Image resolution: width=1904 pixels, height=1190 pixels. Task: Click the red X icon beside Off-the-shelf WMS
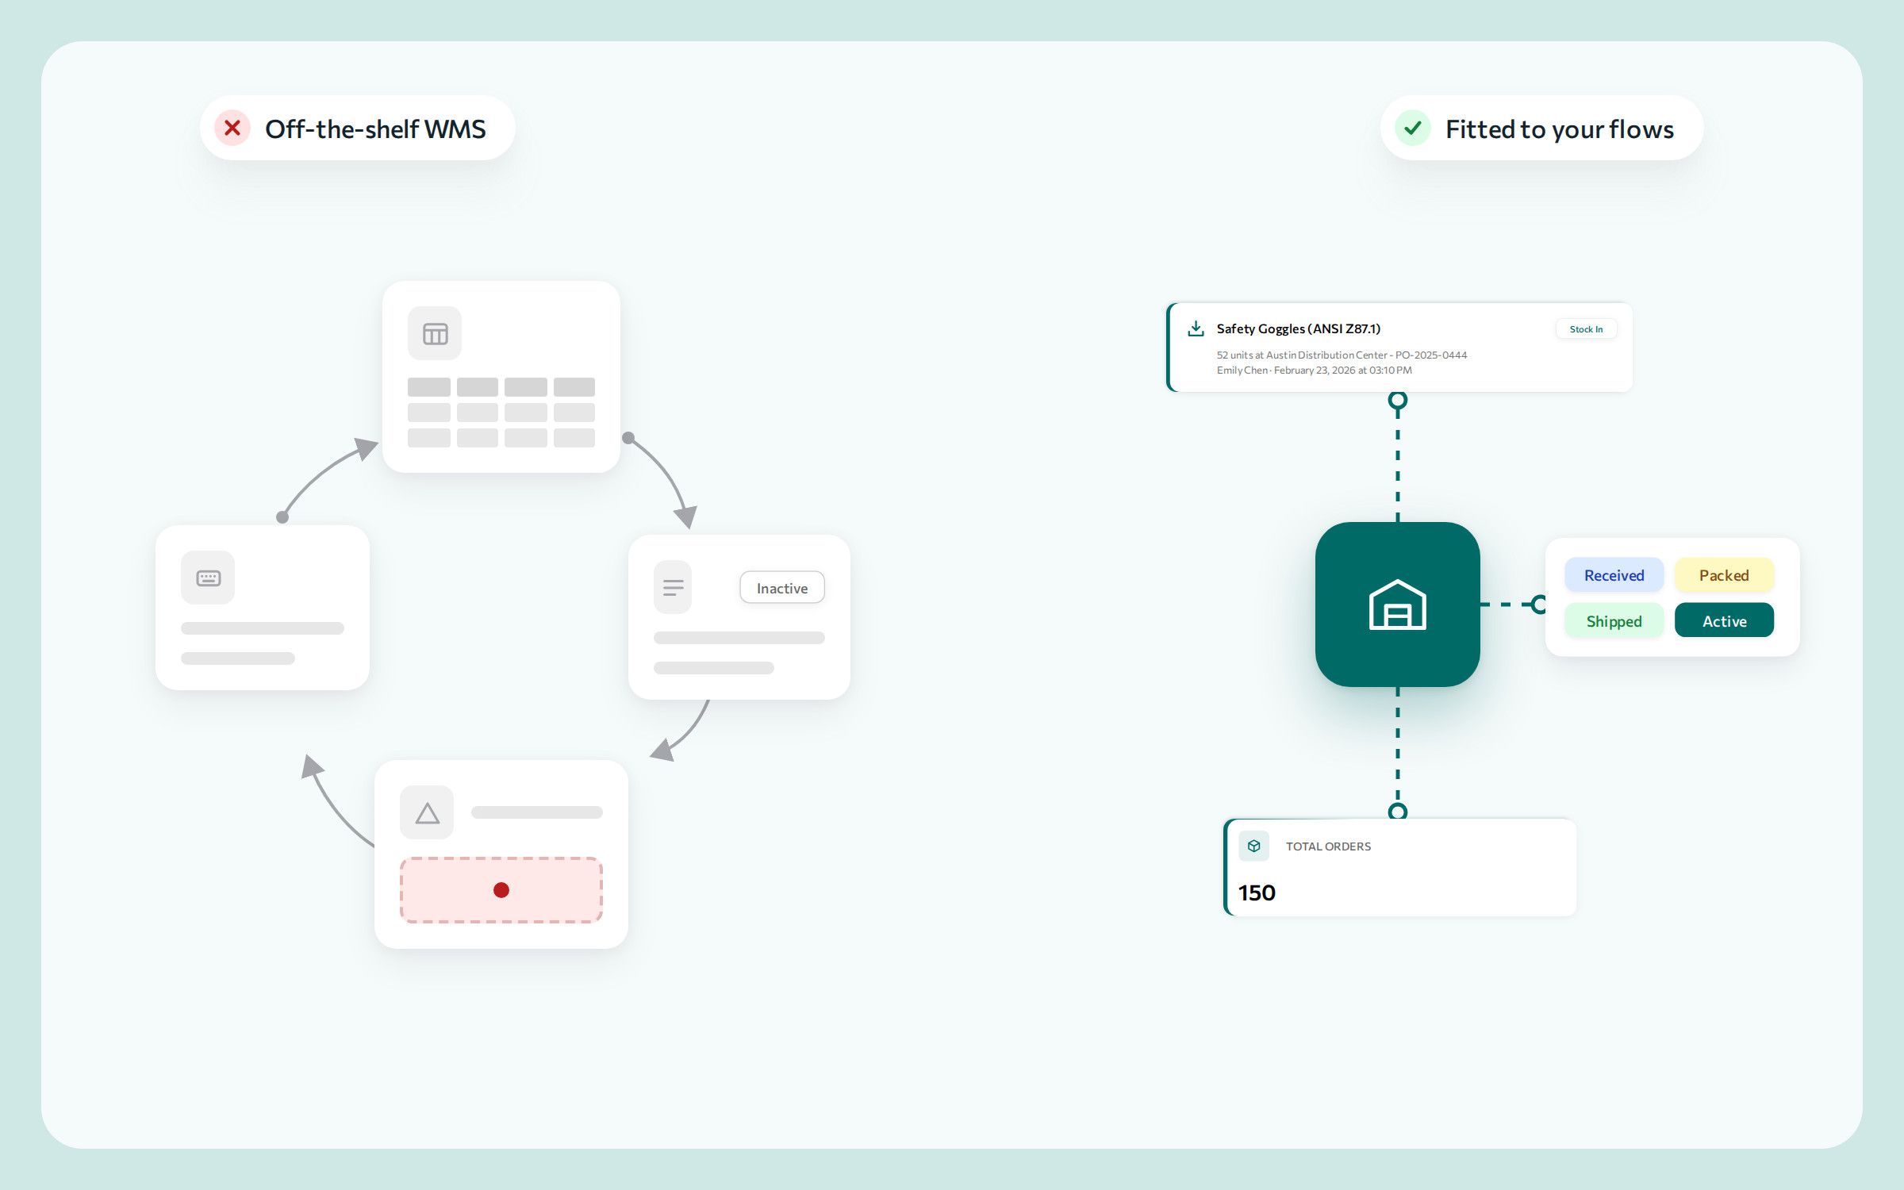232,128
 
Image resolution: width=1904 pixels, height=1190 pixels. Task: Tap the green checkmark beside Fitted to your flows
1413,128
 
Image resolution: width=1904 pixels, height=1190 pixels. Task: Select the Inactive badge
782,588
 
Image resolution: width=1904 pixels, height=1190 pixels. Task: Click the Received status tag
1614,575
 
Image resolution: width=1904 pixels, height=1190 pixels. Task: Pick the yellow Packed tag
1724,575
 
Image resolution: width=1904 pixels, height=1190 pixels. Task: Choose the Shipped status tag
1614,620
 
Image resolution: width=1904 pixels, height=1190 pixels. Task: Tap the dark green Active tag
1724,620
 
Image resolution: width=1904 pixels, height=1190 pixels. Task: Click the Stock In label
1586,329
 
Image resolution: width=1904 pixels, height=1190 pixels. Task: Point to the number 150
1257,892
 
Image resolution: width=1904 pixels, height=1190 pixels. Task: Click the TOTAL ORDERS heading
1328,846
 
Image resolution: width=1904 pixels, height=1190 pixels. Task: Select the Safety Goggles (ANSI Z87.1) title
1299,328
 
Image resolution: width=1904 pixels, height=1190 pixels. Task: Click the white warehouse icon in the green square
1398,605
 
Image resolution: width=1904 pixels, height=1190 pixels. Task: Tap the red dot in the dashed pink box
501,890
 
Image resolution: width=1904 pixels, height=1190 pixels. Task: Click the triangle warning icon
427,813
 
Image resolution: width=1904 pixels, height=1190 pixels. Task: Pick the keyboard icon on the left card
208,578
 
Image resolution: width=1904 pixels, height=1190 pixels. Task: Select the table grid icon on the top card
435,334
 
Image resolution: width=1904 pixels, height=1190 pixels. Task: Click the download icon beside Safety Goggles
1196,328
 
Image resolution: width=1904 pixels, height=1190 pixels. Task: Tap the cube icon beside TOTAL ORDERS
1253,846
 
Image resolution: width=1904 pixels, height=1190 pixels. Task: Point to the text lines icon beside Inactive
673,588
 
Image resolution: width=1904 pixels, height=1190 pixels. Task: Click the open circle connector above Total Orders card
1398,811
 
